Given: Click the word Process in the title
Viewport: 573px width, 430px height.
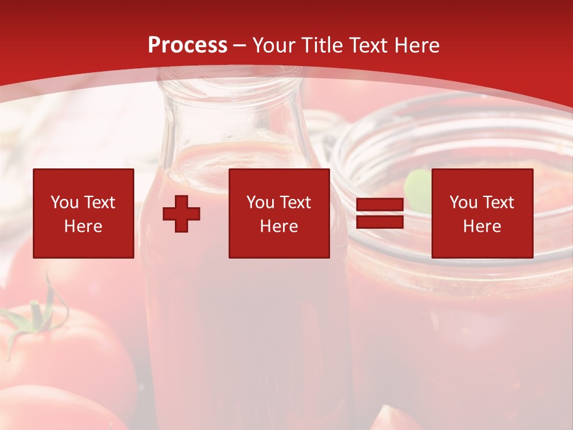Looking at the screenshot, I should click(x=187, y=45).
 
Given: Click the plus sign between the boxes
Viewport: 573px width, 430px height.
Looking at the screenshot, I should click(x=181, y=214).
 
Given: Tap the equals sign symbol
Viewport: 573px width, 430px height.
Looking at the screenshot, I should click(x=380, y=214).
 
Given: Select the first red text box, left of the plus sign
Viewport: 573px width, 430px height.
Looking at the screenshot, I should click(x=84, y=213).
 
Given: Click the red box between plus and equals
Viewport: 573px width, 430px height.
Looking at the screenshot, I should click(x=279, y=213).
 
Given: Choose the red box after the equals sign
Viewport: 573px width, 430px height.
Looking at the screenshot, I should click(x=482, y=213).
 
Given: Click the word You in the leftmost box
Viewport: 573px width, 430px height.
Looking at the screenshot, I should click(x=64, y=202).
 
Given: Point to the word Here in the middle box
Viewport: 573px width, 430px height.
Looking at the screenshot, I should click(x=279, y=226).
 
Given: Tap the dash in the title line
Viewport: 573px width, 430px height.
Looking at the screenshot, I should click(x=239, y=46).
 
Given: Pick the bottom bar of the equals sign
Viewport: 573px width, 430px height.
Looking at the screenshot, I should click(x=380, y=222).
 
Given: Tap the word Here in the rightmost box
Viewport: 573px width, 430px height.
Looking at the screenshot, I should click(x=482, y=226).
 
